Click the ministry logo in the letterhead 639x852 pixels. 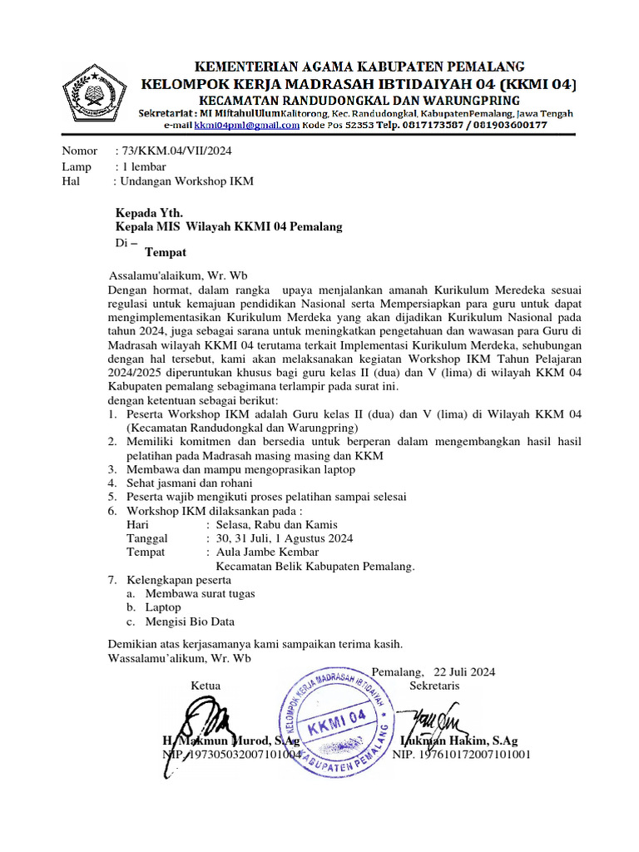(x=94, y=92)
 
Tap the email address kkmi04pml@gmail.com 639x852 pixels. (x=246, y=125)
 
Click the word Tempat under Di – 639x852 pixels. (x=165, y=252)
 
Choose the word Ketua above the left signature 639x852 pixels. (x=206, y=686)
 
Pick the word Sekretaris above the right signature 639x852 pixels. (x=434, y=686)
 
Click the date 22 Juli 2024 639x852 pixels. (x=463, y=671)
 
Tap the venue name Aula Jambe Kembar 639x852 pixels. (x=267, y=552)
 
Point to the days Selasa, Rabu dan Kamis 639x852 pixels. (x=276, y=524)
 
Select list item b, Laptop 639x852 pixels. (x=162, y=607)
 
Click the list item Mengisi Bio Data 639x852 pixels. (x=189, y=621)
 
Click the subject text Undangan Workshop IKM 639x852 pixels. (x=186, y=181)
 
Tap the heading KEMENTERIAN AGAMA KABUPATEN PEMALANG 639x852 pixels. (x=359, y=65)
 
